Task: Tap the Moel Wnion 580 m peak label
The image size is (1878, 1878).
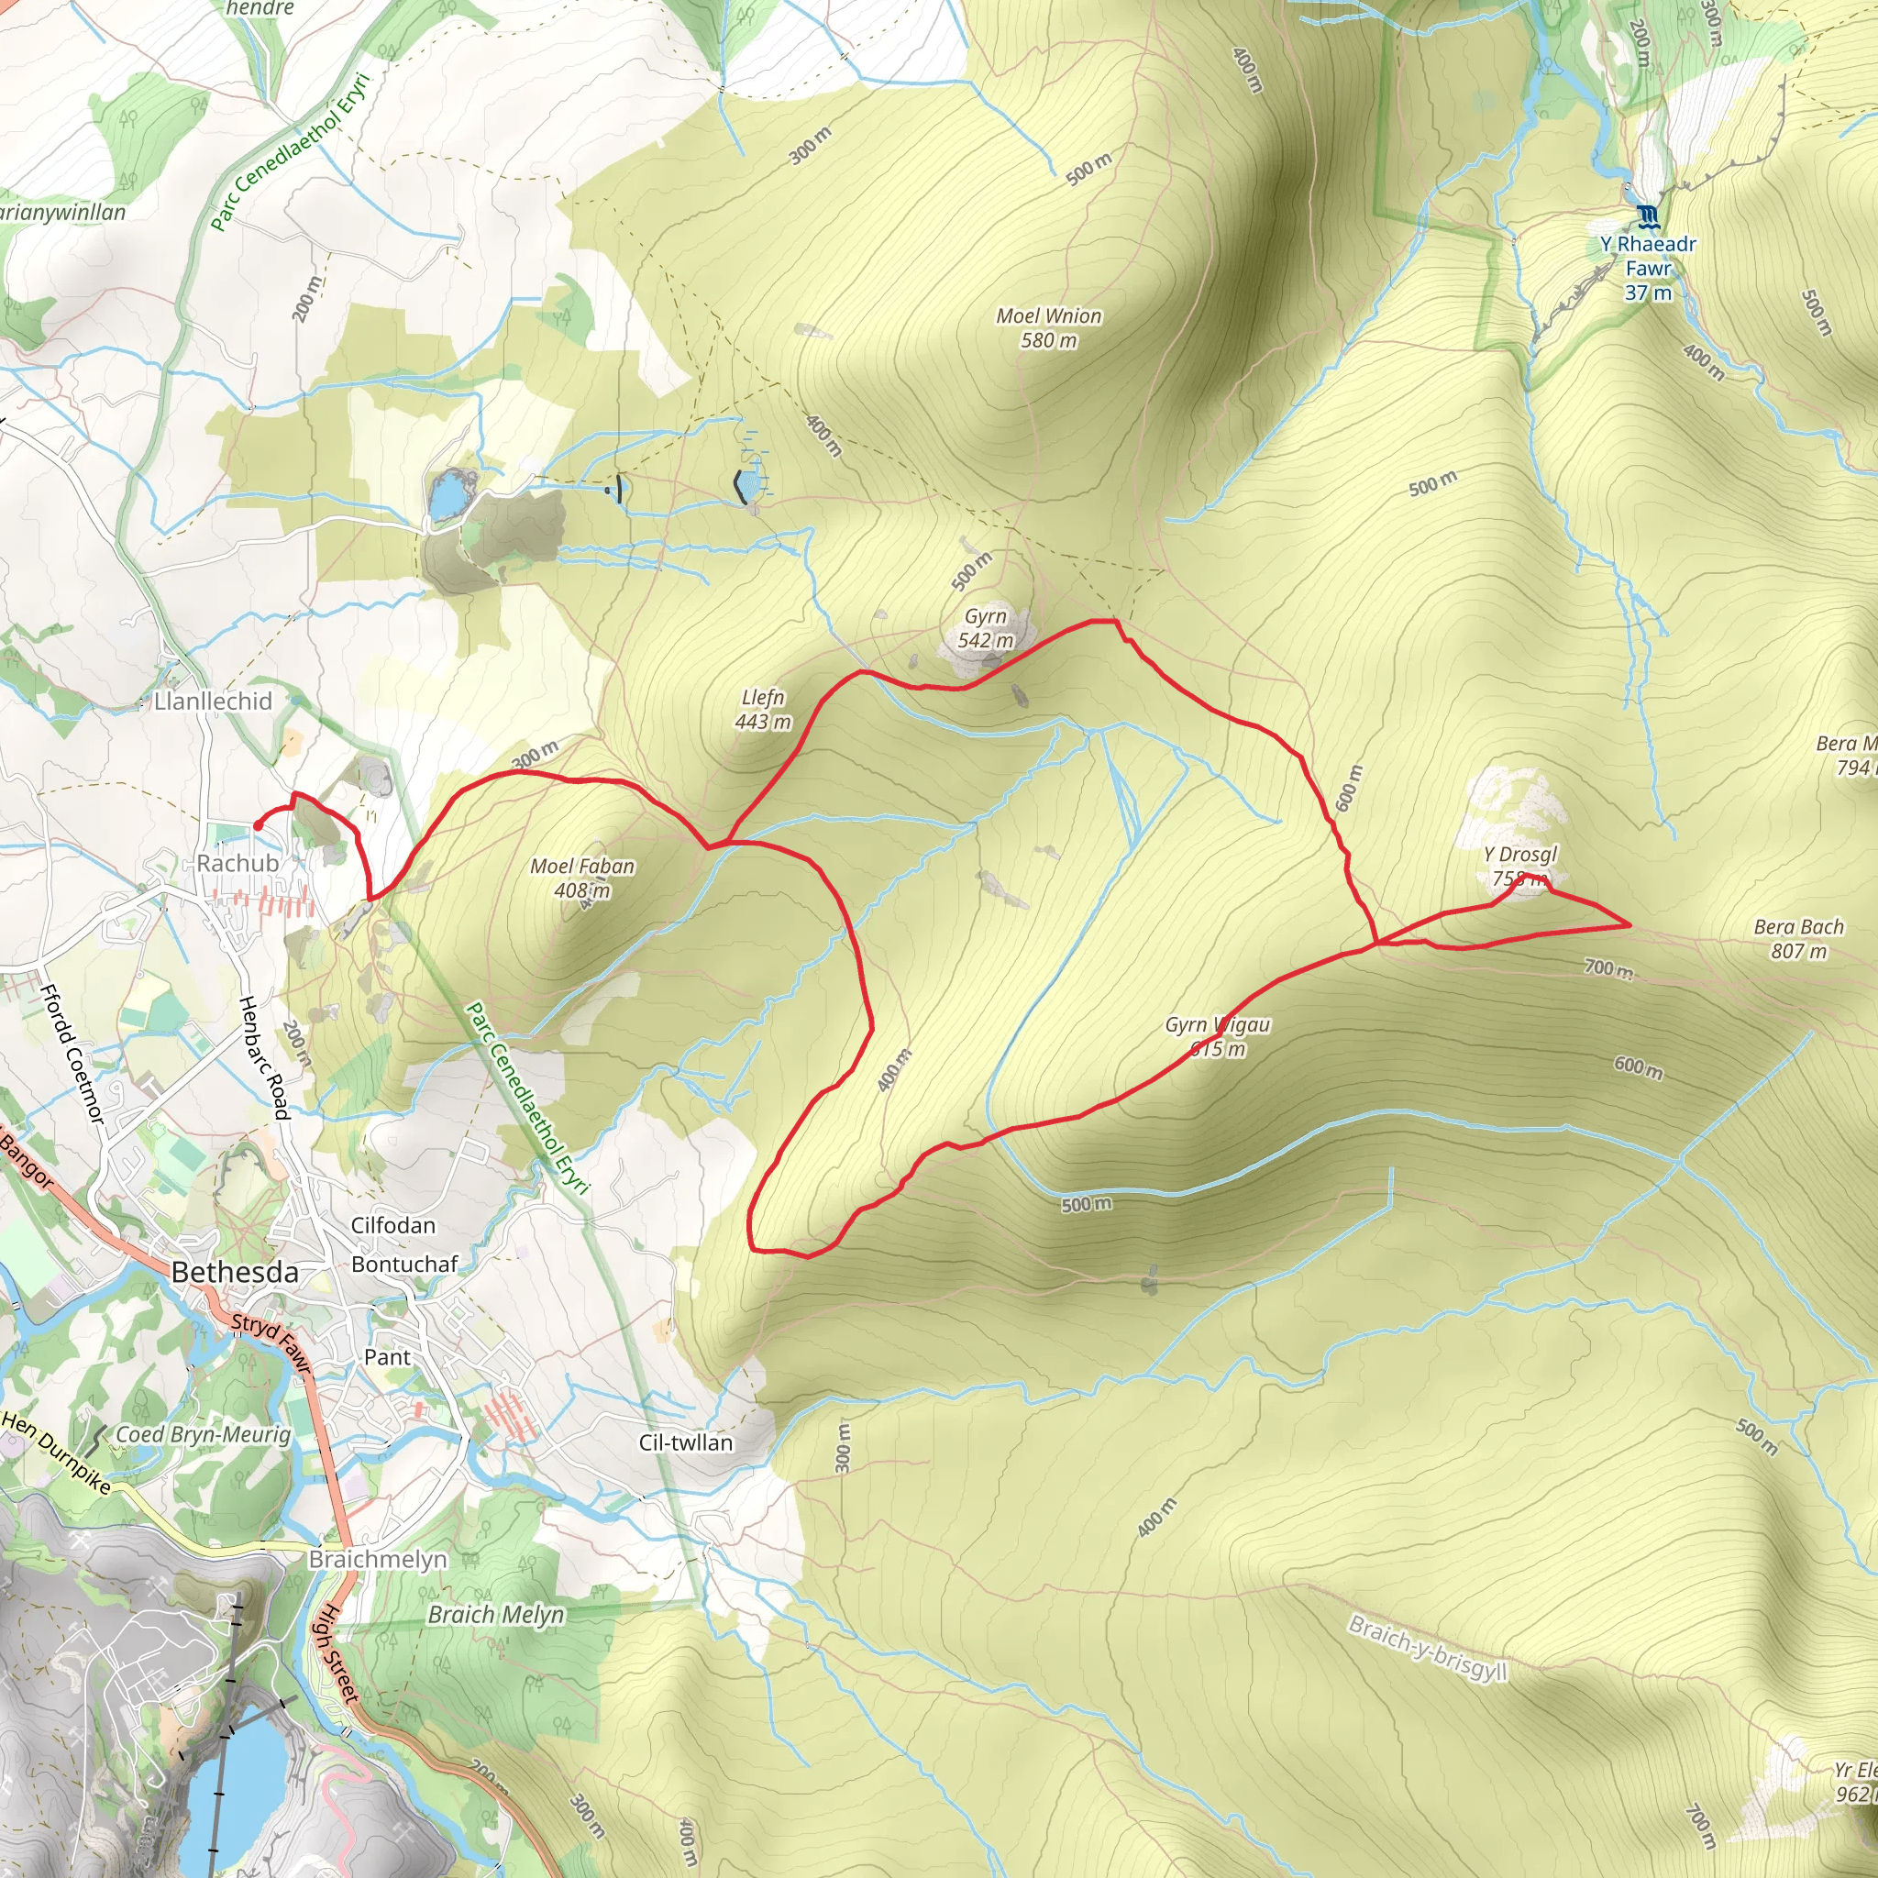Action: (x=1049, y=327)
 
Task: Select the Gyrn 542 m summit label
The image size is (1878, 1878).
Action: (x=986, y=628)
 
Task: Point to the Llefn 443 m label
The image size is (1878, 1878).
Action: (x=763, y=710)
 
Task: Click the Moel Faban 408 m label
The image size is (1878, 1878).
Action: (x=582, y=878)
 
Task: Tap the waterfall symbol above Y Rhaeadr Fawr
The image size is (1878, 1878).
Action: (x=1647, y=215)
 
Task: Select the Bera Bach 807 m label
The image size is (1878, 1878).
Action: (x=1798, y=939)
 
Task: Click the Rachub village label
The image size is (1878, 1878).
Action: (x=238, y=863)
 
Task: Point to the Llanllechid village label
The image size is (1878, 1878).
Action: (x=213, y=701)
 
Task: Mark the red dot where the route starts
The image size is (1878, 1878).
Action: (x=258, y=826)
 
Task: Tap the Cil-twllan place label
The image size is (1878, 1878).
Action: (x=685, y=1442)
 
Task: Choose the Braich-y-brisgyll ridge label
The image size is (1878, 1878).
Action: (x=1428, y=1648)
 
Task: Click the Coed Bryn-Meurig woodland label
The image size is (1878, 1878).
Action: (x=204, y=1435)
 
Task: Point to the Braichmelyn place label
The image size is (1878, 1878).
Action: (x=378, y=1559)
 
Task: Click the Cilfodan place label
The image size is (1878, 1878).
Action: (x=392, y=1225)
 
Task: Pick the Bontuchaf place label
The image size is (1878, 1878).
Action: (x=404, y=1264)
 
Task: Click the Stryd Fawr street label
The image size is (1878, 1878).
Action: (x=271, y=1343)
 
